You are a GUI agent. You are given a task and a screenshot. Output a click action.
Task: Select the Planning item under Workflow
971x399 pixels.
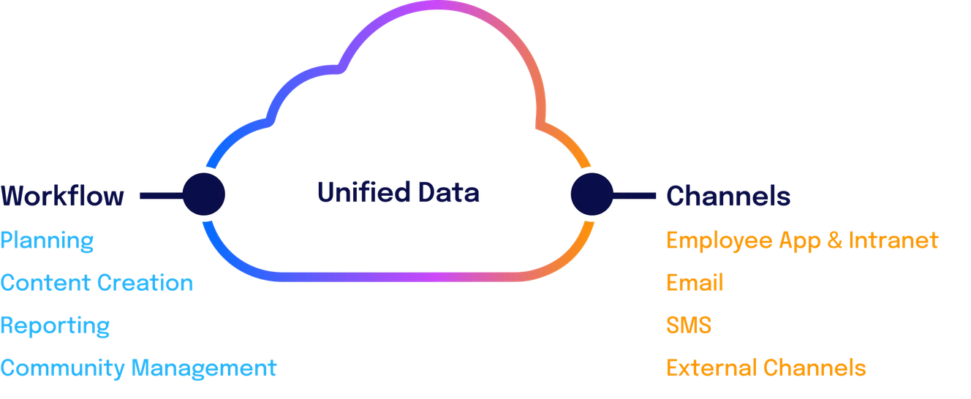coord(48,240)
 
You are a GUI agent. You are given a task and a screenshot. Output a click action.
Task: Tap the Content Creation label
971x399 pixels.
coord(97,283)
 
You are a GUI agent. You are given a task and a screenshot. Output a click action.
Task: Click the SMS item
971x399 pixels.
coord(688,325)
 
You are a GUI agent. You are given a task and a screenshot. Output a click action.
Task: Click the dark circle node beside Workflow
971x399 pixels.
coord(203,194)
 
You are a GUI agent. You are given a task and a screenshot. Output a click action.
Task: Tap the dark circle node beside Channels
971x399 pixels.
coord(590,194)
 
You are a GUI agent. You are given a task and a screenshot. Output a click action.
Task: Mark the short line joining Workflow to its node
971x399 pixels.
coord(155,195)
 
